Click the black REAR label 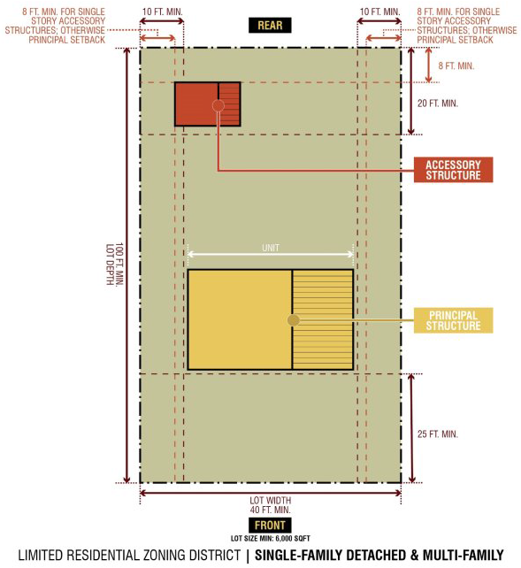point(270,26)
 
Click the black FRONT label point(270,525)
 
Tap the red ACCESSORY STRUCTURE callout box point(453,170)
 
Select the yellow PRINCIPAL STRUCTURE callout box point(453,320)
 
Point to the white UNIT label point(271,248)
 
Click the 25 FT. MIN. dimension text point(437,434)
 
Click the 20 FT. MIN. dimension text point(437,104)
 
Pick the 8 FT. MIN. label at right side point(456,66)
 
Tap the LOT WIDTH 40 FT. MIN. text point(270,505)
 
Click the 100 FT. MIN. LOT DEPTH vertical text point(115,264)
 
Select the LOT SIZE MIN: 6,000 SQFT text point(270,538)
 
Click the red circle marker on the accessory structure point(218,106)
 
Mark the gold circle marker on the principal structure point(294,320)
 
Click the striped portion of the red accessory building point(229,104)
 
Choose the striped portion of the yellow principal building point(323,319)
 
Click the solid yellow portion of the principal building point(240,319)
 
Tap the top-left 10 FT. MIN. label point(162,12)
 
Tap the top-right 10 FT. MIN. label point(379,12)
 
